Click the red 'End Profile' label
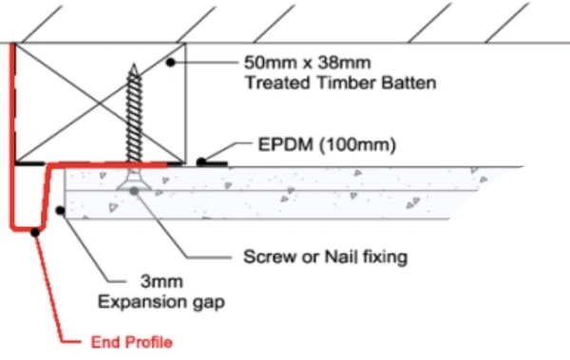click(x=132, y=342)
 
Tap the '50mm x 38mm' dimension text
click(x=308, y=63)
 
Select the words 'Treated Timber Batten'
click(x=341, y=83)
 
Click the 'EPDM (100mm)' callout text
click(x=327, y=144)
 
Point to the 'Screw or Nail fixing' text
click(x=325, y=256)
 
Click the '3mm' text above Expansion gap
click(x=161, y=281)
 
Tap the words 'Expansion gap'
click(x=161, y=302)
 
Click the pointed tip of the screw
click(x=134, y=65)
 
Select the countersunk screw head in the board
click(x=134, y=181)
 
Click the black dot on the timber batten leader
click(x=170, y=63)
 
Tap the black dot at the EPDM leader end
click(x=200, y=162)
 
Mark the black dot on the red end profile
click(x=35, y=233)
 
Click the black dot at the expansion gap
click(x=61, y=210)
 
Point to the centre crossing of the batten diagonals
click(x=100, y=104)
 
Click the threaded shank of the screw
click(x=134, y=116)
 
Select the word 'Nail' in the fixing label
click(x=341, y=256)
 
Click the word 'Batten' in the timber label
click(x=408, y=83)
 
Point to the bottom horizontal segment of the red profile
click(x=28, y=229)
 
